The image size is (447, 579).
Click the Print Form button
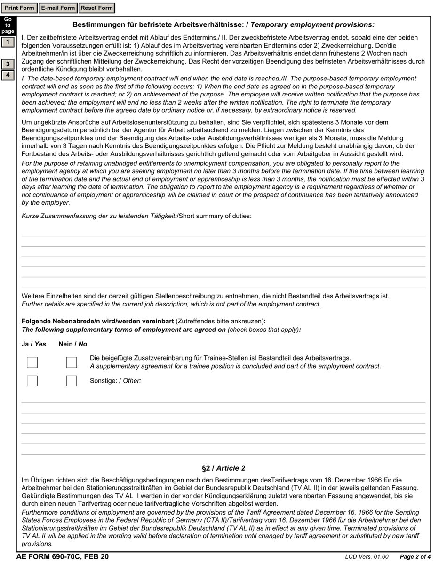tap(19, 8)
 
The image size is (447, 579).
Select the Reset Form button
tap(96, 8)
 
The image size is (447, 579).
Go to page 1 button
tap(8, 42)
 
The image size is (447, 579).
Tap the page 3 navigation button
tap(8, 64)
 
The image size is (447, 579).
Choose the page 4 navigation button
tap(8, 75)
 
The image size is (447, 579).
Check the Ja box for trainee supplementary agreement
tap(32, 362)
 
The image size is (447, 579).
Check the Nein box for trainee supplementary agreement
tap(72, 362)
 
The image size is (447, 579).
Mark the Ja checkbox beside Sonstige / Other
tap(32, 381)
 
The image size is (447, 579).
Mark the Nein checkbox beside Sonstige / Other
tap(72, 381)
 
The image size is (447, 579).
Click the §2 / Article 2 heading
tap(223, 468)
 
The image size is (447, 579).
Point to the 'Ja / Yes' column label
tap(34, 344)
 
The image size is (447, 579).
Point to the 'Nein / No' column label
tap(73, 344)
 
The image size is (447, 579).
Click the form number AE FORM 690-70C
tap(62, 557)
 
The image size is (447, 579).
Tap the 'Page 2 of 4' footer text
tap(415, 557)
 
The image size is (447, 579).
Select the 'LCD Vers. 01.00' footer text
tap(367, 557)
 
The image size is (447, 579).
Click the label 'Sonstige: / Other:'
tap(115, 381)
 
